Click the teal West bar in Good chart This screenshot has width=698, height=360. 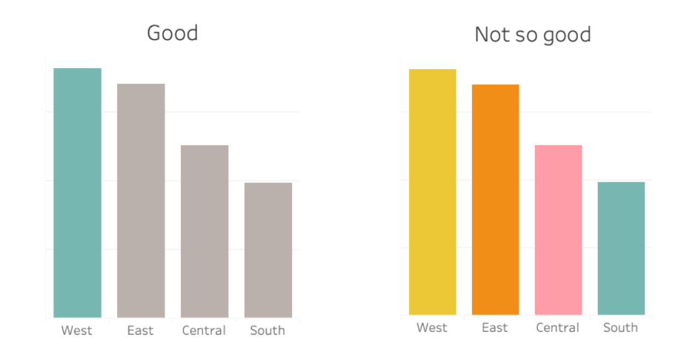77,193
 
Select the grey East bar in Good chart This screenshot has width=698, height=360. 141,200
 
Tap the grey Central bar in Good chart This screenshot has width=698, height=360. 205,231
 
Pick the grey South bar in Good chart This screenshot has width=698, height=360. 268,250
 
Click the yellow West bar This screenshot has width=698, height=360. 432,192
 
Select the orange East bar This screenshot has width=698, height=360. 495,199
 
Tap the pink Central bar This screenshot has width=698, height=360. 558,230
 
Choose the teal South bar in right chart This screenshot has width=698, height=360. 621,248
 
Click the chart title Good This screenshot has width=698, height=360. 173,33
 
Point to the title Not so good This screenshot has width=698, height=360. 532,34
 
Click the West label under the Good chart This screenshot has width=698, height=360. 77,330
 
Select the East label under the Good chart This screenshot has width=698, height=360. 140,330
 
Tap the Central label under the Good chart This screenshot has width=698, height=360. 204,330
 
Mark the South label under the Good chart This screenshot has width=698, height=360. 267,330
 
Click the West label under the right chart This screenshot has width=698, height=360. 432,327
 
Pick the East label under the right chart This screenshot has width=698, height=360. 494,327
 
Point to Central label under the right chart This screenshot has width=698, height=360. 557,327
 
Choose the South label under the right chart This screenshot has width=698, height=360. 620,327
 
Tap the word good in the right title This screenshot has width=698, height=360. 565,35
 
